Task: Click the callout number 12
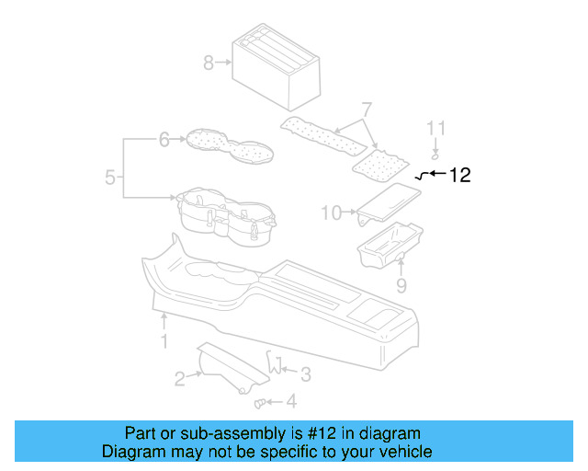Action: tap(459, 175)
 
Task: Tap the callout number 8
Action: tap(209, 63)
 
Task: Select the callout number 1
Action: tap(164, 342)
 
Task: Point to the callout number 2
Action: tap(181, 375)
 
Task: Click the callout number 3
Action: tap(306, 373)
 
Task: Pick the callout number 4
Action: tap(291, 401)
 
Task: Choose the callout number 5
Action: tap(109, 178)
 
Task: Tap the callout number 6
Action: tap(164, 140)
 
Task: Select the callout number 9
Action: tap(401, 286)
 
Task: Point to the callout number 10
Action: tap(331, 213)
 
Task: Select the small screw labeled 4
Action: tap(260, 401)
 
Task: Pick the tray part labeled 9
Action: tap(389, 244)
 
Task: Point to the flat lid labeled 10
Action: tap(388, 203)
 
